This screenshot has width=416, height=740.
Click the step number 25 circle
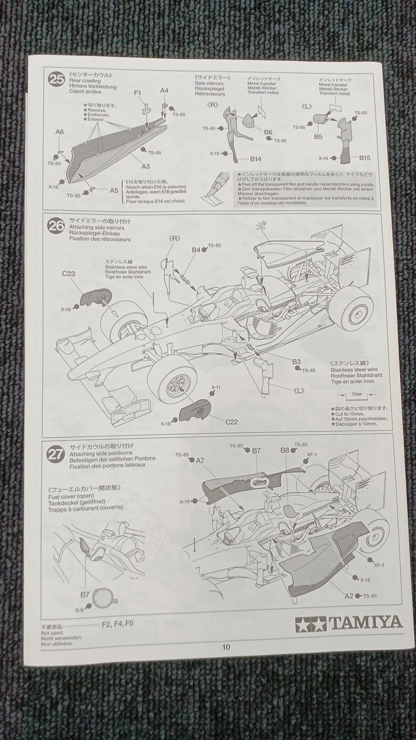pyautogui.click(x=57, y=80)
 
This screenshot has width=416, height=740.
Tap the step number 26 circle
pyautogui.click(x=56, y=227)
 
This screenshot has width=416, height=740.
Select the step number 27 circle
pyautogui.click(x=55, y=454)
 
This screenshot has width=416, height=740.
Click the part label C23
pyautogui.click(x=68, y=273)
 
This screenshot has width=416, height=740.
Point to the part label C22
pyautogui.click(x=231, y=421)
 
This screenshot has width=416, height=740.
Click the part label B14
pyautogui.click(x=256, y=158)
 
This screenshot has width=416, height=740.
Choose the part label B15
pyautogui.click(x=364, y=158)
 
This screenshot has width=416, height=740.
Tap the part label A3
pyautogui.click(x=145, y=166)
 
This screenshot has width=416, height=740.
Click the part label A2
pyautogui.click(x=349, y=595)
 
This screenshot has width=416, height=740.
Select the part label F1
pyautogui.click(x=138, y=92)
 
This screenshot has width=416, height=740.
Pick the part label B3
pyautogui.click(x=296, y=361)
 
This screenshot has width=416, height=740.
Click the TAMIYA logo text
pyautogui.click(x=365, y=622)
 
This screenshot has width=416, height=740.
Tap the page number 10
pyautogui.click(x=225, y=647)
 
